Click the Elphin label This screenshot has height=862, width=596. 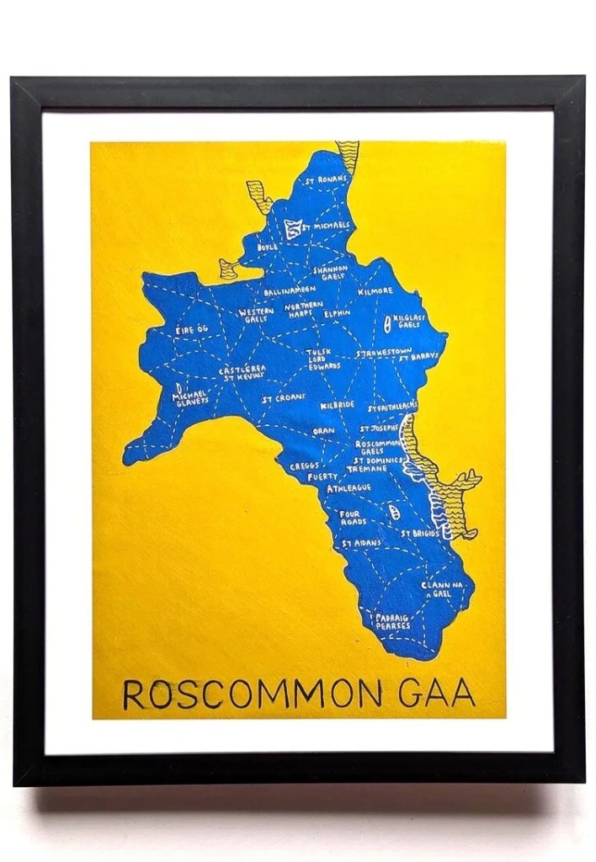tap(338, 313)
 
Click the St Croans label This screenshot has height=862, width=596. tap(282, 398)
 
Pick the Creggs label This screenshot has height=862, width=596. tap(303, 466)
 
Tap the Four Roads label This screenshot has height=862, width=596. tap(353, 517)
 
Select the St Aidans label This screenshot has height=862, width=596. tap(361, 544)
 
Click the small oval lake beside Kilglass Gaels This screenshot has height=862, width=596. tap(387, 321)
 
